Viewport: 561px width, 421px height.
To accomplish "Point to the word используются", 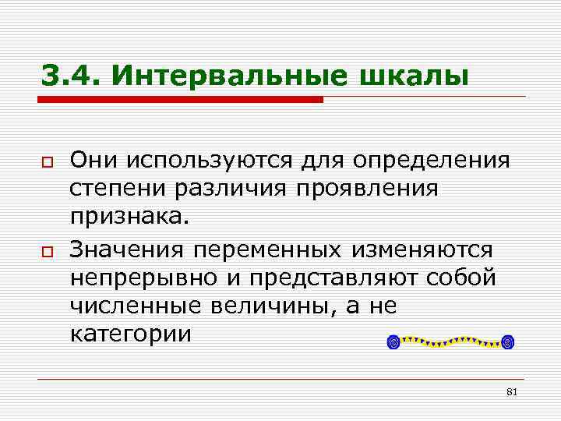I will [200, 161].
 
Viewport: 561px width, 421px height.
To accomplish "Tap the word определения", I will [432, 161].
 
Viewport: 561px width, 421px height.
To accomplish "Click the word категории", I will [130, 334].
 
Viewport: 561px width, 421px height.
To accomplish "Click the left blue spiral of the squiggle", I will [394, 341].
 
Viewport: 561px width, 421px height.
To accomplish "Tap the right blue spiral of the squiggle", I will [509, 341].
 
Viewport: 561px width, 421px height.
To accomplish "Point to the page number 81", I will [512, 391].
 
